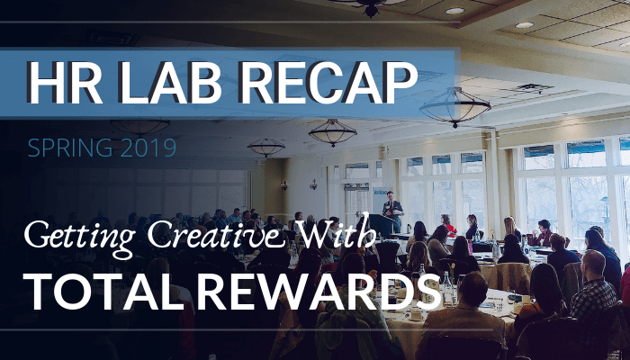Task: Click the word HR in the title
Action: coord(64,83)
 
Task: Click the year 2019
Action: coord(148,148)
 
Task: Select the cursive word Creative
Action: coord(220,234)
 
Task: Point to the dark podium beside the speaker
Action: coord(381,226)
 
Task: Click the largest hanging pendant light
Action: coord(454,107)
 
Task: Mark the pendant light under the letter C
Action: coord(332,133)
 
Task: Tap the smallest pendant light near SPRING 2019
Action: coord(265,148)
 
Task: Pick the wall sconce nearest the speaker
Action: coord(313,184)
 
